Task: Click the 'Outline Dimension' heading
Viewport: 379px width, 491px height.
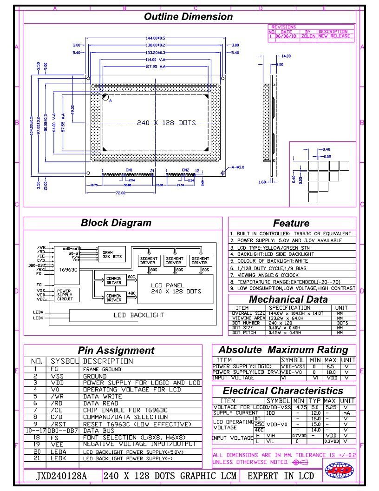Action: point(188,17)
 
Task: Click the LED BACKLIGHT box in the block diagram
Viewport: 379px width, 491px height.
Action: point(139,315)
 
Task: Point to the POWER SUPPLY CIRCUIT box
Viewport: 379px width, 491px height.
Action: point(65,295)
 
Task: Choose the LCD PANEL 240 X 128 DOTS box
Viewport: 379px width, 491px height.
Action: point(176,288)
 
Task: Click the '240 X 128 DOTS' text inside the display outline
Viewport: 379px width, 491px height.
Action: point(166,123)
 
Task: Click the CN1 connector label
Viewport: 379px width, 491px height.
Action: point(129,170)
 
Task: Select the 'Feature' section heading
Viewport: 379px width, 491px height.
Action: point(291,223)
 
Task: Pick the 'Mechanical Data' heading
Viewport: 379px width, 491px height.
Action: point(292,299)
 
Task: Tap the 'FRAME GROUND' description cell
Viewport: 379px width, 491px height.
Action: point(102,369)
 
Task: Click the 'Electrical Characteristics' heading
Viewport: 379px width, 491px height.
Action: point(282,391)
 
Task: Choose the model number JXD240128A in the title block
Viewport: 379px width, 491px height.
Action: point(62,476)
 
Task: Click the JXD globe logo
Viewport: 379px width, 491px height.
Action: point(340,471)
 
